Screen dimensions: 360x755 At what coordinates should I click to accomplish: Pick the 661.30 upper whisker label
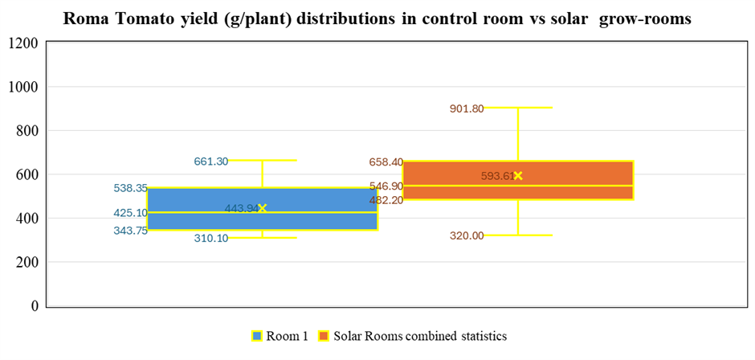tap(210, 162)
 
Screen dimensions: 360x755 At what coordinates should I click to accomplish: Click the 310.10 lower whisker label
tap(210, 238)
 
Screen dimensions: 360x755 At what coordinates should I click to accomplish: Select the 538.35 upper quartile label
tap(130, 188)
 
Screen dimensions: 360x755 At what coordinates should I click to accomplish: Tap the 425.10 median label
tap(130, 213)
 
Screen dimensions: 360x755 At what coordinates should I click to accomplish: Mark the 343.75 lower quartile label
tap(130, 231)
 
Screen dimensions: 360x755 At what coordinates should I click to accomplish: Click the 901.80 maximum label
tap(467, 108)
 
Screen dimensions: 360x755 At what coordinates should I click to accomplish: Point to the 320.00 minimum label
tap(467, 235)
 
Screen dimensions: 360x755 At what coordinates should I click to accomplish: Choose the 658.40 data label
tap(386, 162)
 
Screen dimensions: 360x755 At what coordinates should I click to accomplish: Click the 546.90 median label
tap(386, 186)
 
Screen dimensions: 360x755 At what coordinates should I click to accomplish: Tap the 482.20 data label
tap(386, 200)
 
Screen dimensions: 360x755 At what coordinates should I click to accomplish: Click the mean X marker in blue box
tap(262, 208)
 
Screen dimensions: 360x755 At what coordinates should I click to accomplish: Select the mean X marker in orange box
tap(518, 175)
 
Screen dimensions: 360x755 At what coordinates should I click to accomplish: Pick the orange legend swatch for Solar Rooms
tap(324, 336)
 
